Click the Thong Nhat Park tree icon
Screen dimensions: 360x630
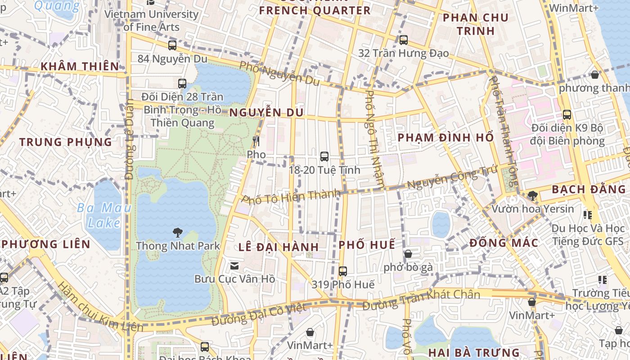pyautogui.click(x=178, y=233)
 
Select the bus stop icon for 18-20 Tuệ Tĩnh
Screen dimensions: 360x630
pyautogui.click(x=324, y=157)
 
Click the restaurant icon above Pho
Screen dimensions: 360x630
pyautogui.click(x=256, y=141)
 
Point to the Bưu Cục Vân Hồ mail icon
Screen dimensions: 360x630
pyautogui.click(x=234, y=266)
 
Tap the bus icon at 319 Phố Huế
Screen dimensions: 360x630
pyautogui.click(x=343, y=271)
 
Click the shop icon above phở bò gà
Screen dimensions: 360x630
pyautogui.click(x=408, y=254)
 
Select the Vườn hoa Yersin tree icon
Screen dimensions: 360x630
pyautogui.click(x=533, y=196)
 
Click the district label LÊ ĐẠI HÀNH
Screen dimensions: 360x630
pyautogui.click(x=279, y=247)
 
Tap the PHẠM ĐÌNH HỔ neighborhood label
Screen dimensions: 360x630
pyautogui.click(x=445, y=138)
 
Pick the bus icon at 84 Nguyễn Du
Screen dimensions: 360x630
pyautogui.click(x=172, y=45)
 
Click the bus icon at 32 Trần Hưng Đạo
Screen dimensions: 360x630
pyautogui.click(x=404, y=40)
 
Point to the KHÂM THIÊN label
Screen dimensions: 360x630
pyautogui.click(x=80, y=67)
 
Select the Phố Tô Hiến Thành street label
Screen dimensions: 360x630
pyautogui.click(x=291, y=197)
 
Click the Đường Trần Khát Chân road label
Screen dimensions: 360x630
pyautogui.click(x=421, y=300)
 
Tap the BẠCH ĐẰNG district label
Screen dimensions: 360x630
pyautogui.click(x=589, y=189)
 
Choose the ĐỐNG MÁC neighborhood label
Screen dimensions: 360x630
pyautogui.click(x=504, y=243)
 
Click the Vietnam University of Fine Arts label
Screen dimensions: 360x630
pyautogui.click(x=151, y=20)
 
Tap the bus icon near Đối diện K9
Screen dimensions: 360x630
pyautogui.click(x=567, y=115)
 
